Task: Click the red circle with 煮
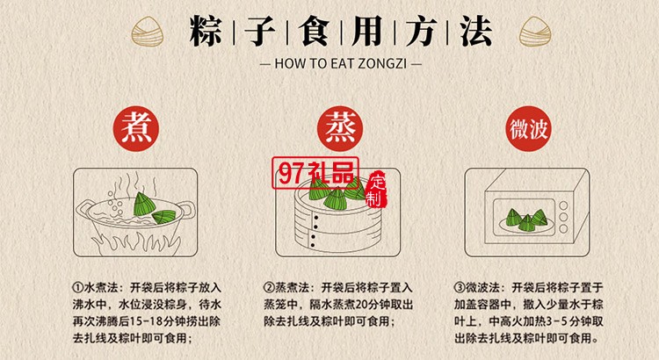[135, 128]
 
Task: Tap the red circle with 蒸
[339, 128]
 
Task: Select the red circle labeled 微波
[528, 128]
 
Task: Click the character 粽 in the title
[206, 31]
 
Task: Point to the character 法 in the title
[475, 31]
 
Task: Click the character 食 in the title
[314, 31]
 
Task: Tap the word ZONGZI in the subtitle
[382, 63]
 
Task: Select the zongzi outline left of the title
[147, 32]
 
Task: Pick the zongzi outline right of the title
[535, 32]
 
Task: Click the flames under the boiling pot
[135, 244]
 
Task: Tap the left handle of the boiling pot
[84, 209]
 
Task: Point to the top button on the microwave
[563, 205]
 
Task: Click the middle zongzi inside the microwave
[526, 223]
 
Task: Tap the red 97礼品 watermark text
[315, 173]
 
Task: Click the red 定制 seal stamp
[376, 189]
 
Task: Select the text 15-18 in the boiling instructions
[146, 321]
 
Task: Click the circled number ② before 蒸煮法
[269, 288]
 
